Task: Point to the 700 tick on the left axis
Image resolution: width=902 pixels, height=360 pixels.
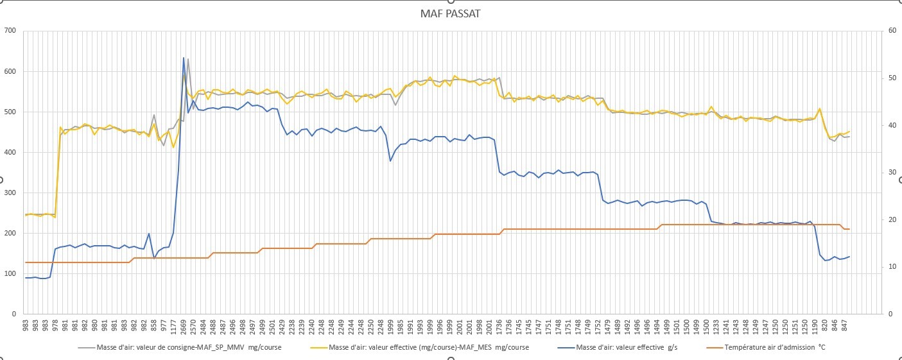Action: point(10,31)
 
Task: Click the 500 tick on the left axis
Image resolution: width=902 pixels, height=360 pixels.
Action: point(10,112)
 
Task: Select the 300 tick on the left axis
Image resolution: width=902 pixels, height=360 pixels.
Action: point(10,193)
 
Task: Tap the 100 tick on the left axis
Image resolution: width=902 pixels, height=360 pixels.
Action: point(10,273)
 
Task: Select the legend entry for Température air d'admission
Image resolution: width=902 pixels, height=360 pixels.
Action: point(774,348)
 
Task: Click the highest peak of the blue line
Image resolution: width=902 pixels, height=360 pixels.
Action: point(184,58)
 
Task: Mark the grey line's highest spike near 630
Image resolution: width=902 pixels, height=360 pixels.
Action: point(188,59)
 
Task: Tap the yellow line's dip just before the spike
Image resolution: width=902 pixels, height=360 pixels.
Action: point(173,147)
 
